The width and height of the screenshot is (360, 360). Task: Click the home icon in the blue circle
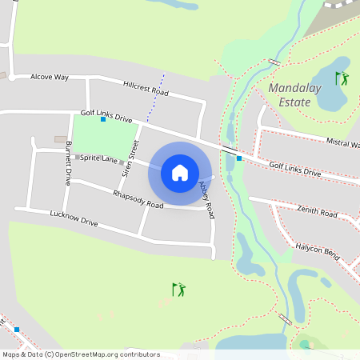(179, 173)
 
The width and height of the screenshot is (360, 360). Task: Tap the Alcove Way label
(50, 77)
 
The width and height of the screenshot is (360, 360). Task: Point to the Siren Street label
(130, 158)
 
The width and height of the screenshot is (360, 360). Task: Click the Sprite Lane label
(99, 158)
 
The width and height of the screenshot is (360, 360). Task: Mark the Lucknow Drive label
(74, 218)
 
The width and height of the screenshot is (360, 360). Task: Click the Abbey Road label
(206, 199)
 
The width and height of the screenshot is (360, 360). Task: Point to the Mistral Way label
(342, 142)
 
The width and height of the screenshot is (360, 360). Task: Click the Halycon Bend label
(316, 252)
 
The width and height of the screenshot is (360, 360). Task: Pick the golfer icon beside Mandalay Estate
(342, 78)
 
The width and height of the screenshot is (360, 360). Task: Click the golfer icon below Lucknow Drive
(178, 289)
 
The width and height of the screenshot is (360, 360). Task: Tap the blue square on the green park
(103, 119)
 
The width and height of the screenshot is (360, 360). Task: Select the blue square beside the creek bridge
(239, 158)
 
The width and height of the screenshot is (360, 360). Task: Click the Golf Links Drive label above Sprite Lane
(106, 117)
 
